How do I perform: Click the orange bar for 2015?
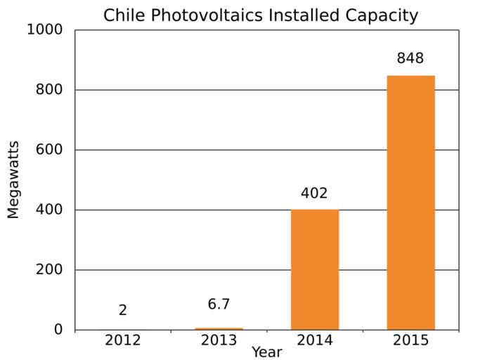point(410,202)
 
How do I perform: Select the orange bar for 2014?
point(314,269)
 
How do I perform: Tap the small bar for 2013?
point(219,328)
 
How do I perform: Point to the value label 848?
point(410,59)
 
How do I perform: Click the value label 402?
point(314,193)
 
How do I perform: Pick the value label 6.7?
point(219,305)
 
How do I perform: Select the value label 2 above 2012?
point(123,310)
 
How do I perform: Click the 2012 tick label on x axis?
point(123,340)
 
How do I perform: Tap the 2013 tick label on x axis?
point(219,340)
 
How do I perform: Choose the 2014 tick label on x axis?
point(314,340)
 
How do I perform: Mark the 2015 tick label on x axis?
point(410,340)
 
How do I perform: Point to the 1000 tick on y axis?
point(44,30)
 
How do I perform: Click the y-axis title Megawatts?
point(13,180)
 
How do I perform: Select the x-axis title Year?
point(267,352)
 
